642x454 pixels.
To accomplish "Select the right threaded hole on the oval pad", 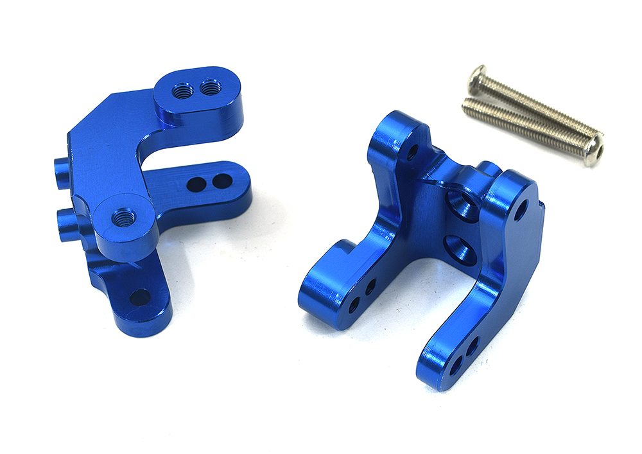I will click(209, 86).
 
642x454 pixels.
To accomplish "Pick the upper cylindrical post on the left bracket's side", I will click(60, 171).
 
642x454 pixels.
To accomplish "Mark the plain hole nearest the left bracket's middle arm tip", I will click(222, 182).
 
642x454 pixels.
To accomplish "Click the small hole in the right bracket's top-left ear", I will click(413, 152).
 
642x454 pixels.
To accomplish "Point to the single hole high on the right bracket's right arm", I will click(520, 209).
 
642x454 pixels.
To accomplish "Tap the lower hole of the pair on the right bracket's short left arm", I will click(355, 302).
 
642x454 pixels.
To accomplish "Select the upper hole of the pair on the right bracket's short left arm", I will click(370, 287).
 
